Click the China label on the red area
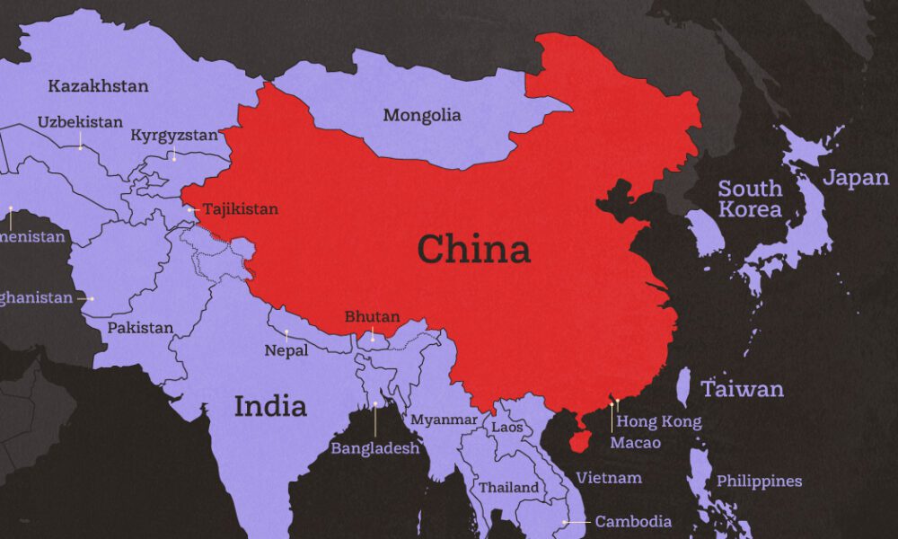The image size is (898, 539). point(473,249)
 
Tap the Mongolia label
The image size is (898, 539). point(422,115)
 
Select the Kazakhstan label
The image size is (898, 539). point(99,86)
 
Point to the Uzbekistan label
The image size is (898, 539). point(80,121)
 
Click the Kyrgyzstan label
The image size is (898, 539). point(174,136)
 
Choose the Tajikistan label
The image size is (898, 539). point(240,209)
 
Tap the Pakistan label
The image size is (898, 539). point(141,328)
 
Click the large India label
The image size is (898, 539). point(270,406)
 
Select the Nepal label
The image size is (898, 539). point(286,350)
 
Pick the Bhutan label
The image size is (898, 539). point(373,317)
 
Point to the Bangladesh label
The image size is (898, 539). point(375,447)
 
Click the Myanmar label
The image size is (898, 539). point(445,420)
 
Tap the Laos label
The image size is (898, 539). point(506,427)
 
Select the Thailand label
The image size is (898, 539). point(509,488)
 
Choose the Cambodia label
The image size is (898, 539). point(633,521)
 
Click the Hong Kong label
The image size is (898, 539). point(659,421)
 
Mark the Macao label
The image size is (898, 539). point(635,443)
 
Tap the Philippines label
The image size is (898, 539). point(759,482)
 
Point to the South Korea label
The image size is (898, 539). point(750,199)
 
